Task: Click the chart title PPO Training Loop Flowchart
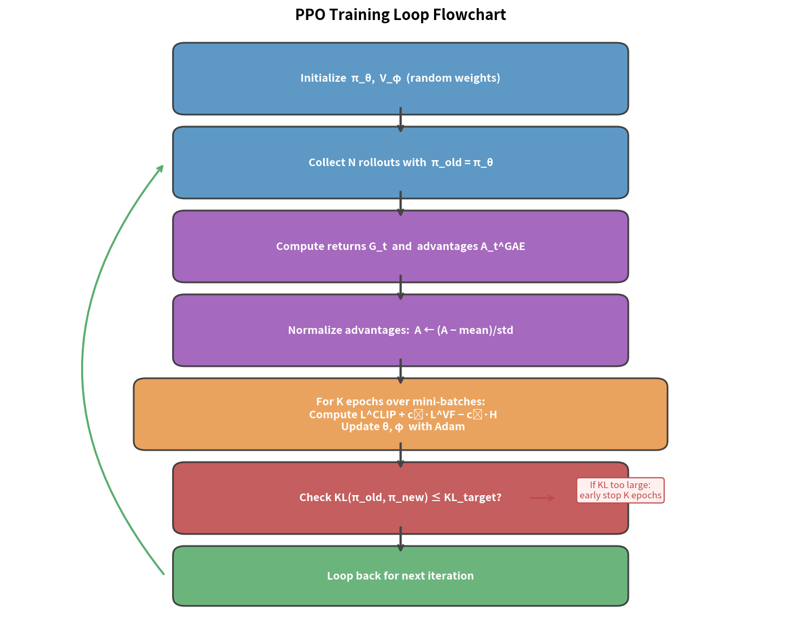coord(400,15)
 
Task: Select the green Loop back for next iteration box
coord(400,590)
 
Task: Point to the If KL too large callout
coord(620,490)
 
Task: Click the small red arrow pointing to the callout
coord(542,498)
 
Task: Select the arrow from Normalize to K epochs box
coord(400,372)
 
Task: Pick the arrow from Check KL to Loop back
coord(400,540)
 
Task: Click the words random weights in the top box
coord(454,78)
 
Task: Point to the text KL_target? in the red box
coord(472,497)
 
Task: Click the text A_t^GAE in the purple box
coord(503,246)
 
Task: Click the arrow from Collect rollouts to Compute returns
coord(400,204)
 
